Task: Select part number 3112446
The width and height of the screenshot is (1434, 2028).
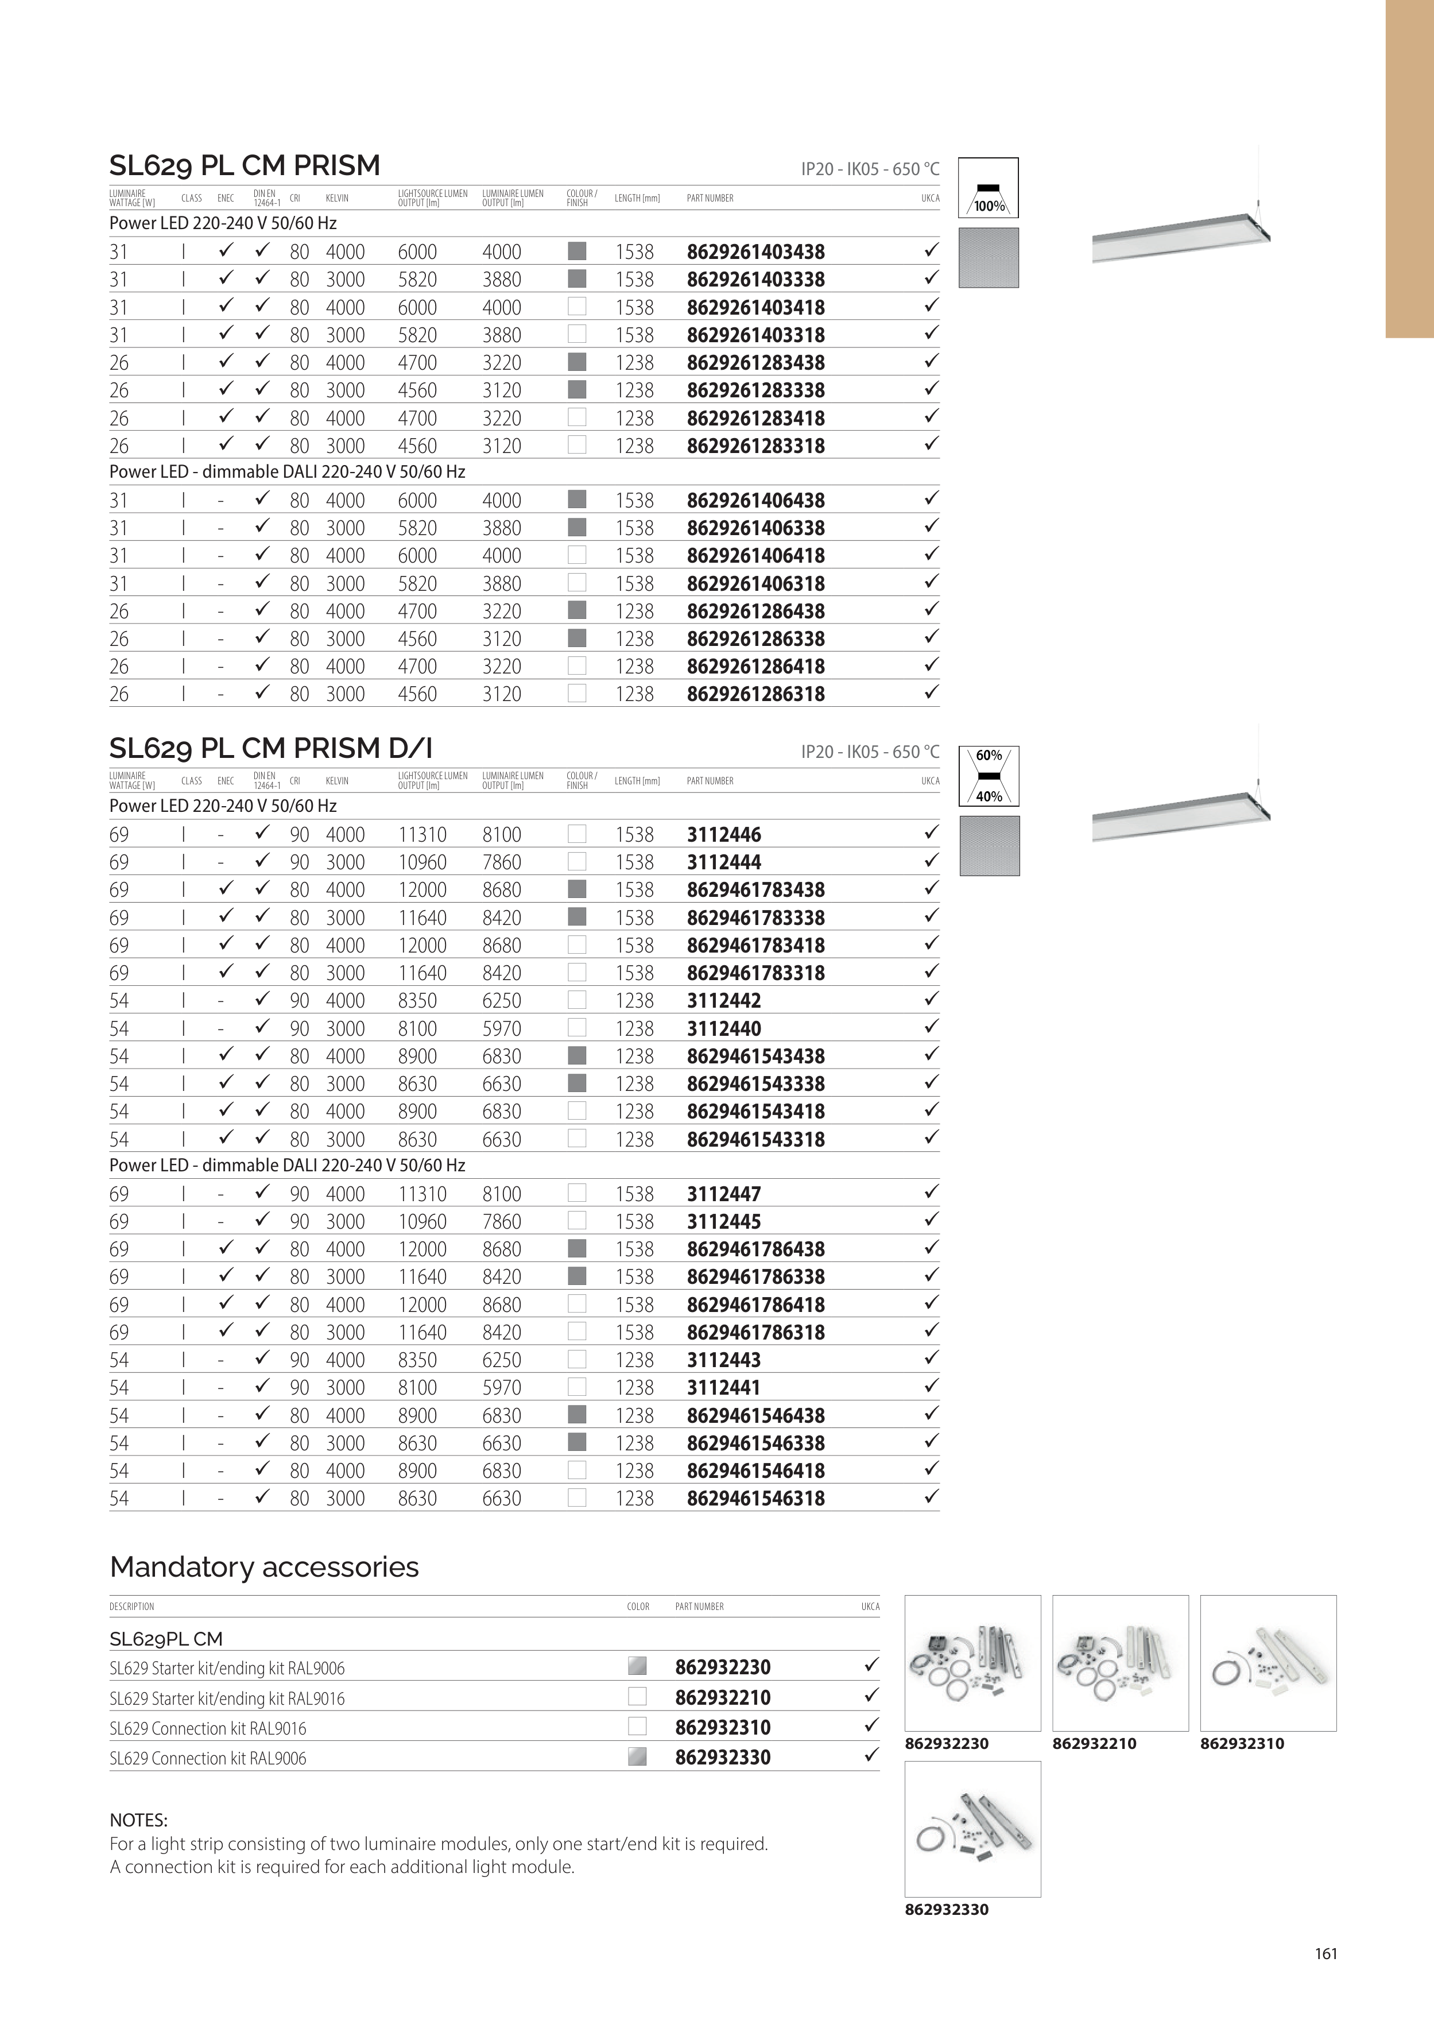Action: pyautogui.click(x=723, y=835)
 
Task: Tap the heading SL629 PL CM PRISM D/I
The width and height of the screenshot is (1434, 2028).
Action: pyautogui.click(x=270, y=748)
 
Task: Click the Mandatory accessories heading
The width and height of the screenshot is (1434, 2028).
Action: pyautogui.click(x=264, y=1567)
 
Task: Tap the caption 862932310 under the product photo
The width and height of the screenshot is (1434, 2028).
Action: pyautogui.click(x=1242, y=1744)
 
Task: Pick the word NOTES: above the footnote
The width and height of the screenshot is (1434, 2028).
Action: pyautogui.click(x=138, y=1820)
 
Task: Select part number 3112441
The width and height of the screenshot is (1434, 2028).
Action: pyautogui.click(x=723, y=1388)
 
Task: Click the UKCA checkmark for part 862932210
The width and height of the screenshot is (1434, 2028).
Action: pyautogui.click(x=871, y=1696)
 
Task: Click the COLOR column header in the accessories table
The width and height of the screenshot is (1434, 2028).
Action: pyautogui.click(x=638, y=1607)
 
